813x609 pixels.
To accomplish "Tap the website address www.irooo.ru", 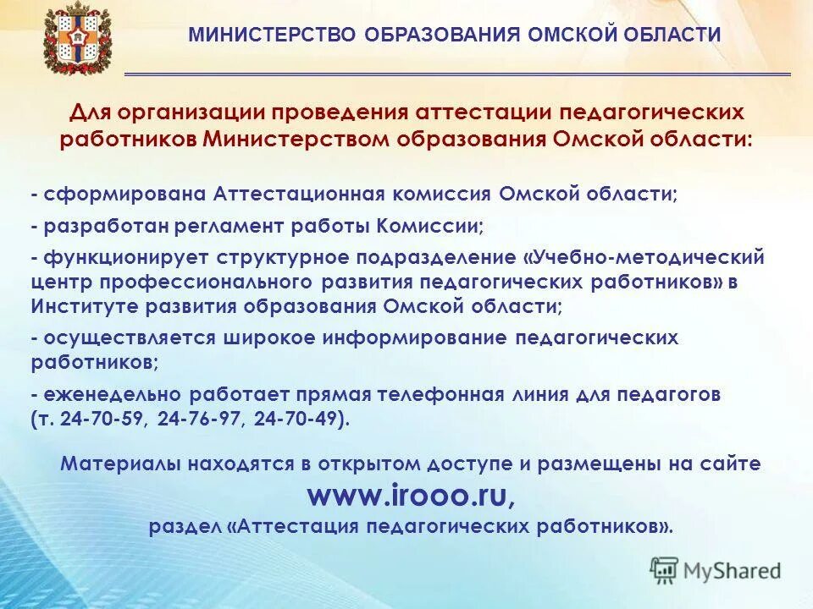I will point(411,495).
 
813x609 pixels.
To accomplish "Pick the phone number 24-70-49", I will point(298,419).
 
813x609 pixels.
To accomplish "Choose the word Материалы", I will point(124,464).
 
